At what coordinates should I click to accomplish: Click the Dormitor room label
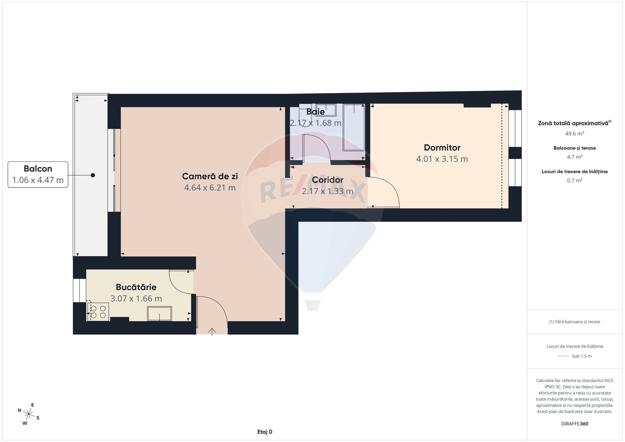[x=442, y=148]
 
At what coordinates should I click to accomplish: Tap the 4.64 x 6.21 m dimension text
[x=210, y=188]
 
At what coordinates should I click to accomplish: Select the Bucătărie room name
[x=136, y=287]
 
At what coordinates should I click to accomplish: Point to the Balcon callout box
[x=38, y=174]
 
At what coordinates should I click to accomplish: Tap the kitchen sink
[x=160, y=313]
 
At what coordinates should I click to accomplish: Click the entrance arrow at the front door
[x=212, y=332]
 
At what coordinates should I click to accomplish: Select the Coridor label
[x=327, y=180]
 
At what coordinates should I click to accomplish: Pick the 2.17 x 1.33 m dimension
[x=327, y=191]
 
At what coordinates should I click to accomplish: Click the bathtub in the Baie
[x=354, y=127]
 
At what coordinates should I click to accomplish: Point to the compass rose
[x=29, y=414]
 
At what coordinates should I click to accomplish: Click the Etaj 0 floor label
[x=265, y=432]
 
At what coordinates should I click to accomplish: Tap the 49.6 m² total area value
[x=575, y=133]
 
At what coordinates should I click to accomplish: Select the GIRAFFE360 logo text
[x=575, y=424]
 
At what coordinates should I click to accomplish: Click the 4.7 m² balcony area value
[x=575, y=157]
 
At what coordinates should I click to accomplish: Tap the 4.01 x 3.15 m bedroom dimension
[x=442, y=159]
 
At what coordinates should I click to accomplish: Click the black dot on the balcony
[x=93, y=175]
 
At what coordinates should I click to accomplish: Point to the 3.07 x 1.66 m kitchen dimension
[x=136, y=298]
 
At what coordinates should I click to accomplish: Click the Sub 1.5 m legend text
[x=582, y=356]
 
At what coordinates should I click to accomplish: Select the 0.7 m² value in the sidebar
[x=575, y=180]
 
